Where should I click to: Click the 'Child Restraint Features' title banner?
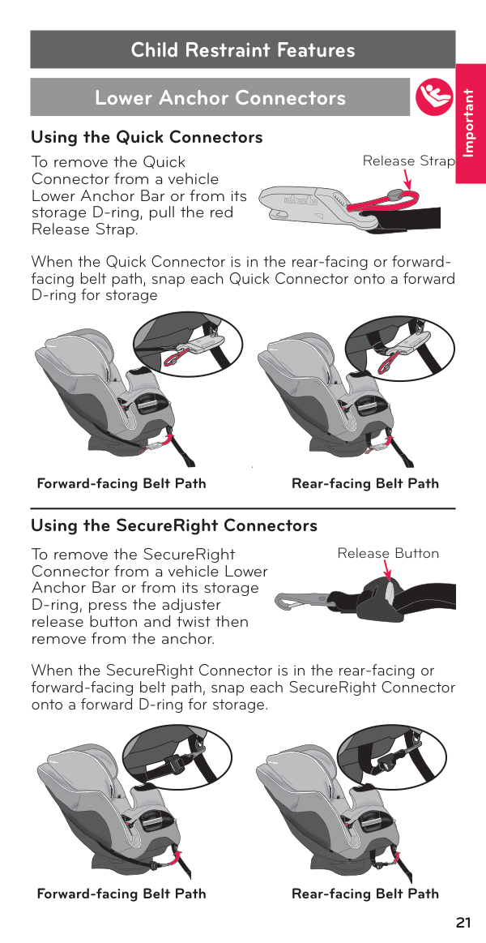(243, 49)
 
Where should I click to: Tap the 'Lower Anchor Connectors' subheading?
(220, 96)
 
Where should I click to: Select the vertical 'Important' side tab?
(471, 122)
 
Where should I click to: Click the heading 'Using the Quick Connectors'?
(147, 137)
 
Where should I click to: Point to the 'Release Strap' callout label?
(408, 161)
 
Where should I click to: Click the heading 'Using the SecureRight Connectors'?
(174, 525)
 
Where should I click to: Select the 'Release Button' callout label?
(388, 553)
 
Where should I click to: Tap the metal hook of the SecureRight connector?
(301, 601)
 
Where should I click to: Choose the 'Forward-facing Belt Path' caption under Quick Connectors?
(122, 483)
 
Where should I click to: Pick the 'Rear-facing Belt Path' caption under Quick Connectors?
(365, 483)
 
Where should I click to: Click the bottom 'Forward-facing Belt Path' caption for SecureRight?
(122, 894)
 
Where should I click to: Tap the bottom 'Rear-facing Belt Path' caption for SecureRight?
(365, 894)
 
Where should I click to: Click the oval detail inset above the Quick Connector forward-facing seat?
(187, 345)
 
